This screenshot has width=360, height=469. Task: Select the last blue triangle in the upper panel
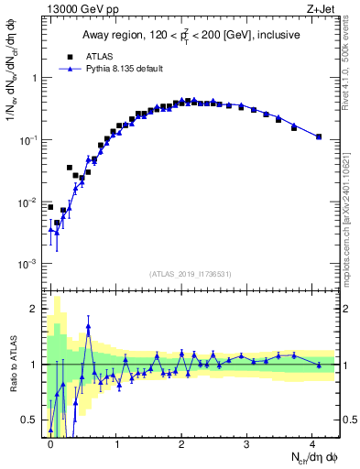[x=319, y=136]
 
